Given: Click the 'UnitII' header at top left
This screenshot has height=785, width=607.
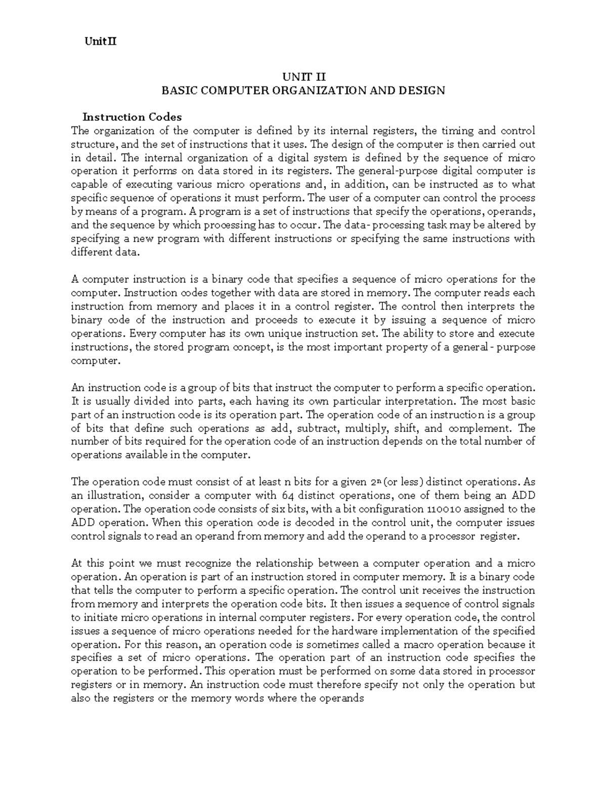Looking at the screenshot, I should pos(100,42).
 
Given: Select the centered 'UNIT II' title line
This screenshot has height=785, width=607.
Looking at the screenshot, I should pos(303,77).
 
